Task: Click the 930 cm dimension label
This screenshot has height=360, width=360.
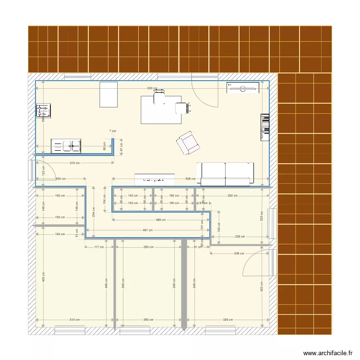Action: pyautogui.click(x=152, y=89)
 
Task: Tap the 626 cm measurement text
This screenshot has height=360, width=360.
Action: pyautogui.click(x=191, y=179)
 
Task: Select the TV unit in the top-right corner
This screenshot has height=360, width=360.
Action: pyautogui.click(x=243, y=87)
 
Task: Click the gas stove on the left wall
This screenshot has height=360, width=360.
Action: pyautogui.click(x=43, y=111)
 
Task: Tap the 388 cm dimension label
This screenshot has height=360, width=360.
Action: pyautogui.click(x=160, y=220)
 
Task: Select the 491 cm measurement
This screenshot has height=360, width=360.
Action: pyautogui.click(x=147, y=230)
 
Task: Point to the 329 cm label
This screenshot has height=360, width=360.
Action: pyautogui.click(x=228, y=319)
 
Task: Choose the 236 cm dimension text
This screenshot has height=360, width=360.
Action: pyautogui.click(x=239, y=253)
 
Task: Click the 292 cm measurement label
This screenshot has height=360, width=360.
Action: pyautogui.click(x=232, y=196)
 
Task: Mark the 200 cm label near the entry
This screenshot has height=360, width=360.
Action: pyautogui.click(x=60, y=179)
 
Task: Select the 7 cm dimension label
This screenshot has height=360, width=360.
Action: pyautogui.click(x=112, y=131)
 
